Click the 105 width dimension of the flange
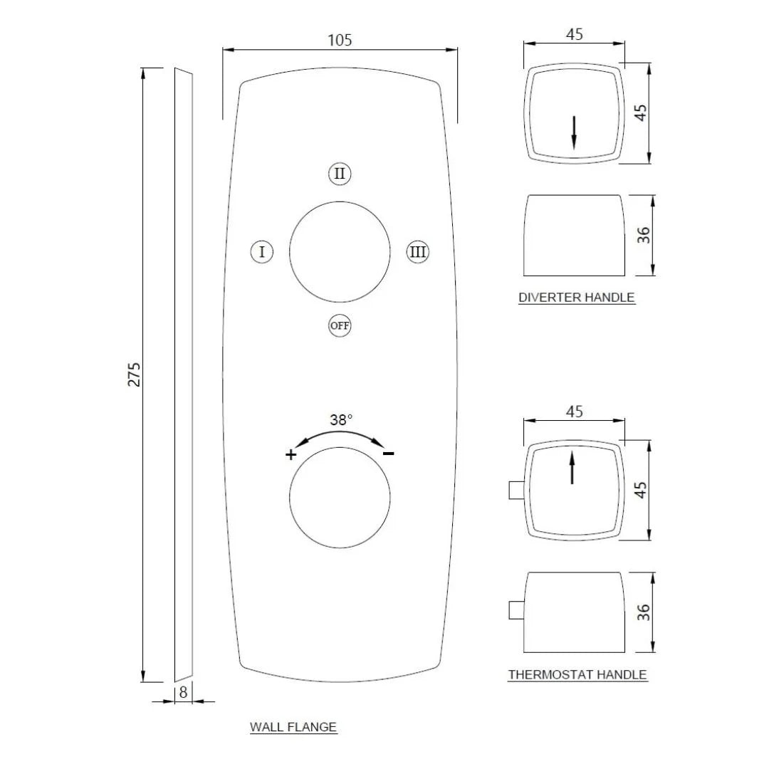tap(340, 40)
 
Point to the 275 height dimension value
tap(135, 375)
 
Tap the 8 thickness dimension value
tap(183, 691)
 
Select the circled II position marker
tap(340, 174)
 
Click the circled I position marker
tap(262, 252)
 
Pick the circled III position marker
tap(418, 252)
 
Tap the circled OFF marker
tap(340, 326)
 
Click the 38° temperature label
tap(341, 420)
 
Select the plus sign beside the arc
tap(291, 455)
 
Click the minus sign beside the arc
tap(389, 454)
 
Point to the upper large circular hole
tap(340, 251)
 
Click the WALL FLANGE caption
tap(293, 727)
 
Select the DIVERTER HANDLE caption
tap(576, 298)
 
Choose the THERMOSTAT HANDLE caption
tap(577, 674)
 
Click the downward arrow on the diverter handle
tap(574, 133)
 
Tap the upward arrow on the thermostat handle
tap(572, 469)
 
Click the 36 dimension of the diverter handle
tap(644, 236)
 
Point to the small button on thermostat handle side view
tap(516, 611)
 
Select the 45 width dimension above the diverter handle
tap(574, 33)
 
